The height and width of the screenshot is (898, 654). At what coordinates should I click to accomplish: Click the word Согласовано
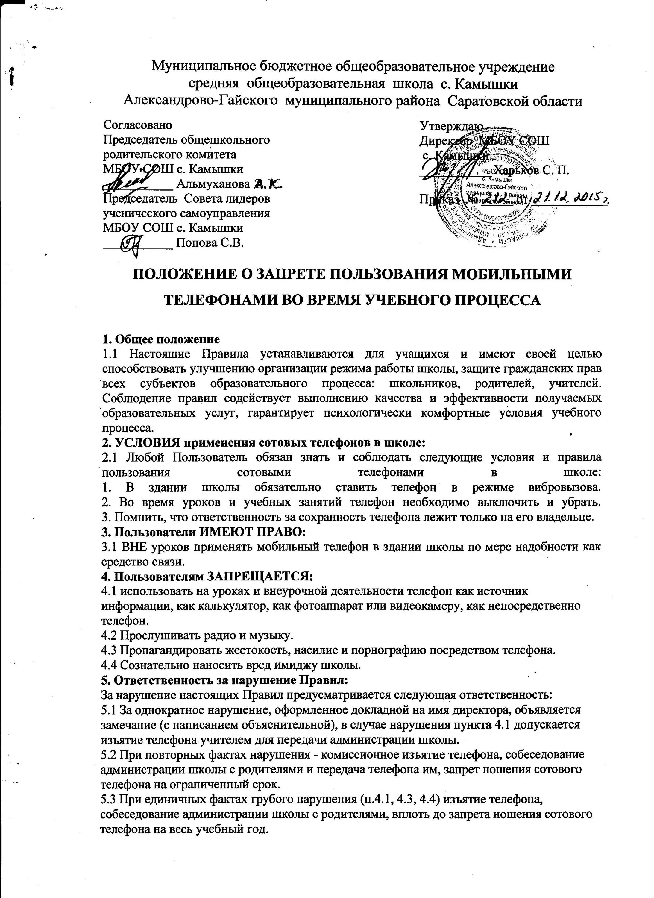[x=137, y=125]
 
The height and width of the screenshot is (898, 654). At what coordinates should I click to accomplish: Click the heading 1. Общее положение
[x=161, y=339]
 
